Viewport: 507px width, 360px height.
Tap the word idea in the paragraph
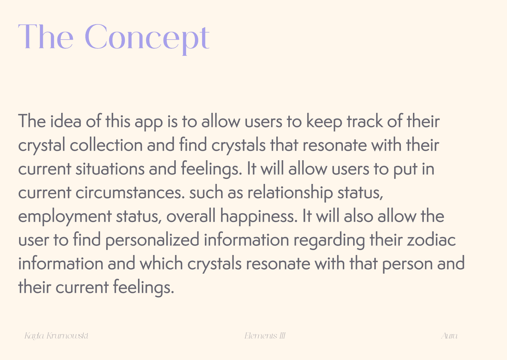click(x=66, y=121)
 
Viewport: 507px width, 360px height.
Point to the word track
click(x=365, y=121)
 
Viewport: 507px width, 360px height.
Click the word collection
click(x=106, y=145)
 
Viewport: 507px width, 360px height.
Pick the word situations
click(x=110, y=169)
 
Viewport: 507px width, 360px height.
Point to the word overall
click(x=191, y=216)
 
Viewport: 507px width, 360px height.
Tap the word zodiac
click(x=431, y=240)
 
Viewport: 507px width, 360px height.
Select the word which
click(x=161, y=263)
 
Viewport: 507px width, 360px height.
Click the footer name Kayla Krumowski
click(x=56, y=336)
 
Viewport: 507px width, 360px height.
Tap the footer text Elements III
click(x=265, y=336)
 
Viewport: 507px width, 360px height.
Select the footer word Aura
click(x=450, y=336)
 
